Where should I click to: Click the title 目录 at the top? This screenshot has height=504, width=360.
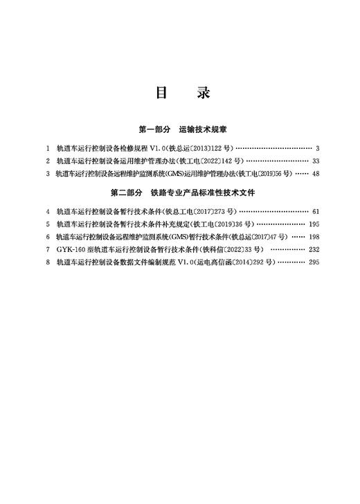[180, 93]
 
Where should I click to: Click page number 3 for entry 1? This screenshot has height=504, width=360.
[316, 148]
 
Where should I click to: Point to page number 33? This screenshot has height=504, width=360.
[315, 161]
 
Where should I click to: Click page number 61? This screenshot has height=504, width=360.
[315, 211]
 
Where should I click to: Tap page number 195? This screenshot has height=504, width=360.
[314, 224]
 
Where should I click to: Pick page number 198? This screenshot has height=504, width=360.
[314, 237]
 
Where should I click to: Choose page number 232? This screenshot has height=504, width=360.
[314, 249]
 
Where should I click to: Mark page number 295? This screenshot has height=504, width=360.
[314, 262]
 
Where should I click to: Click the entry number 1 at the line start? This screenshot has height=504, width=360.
[47, 148]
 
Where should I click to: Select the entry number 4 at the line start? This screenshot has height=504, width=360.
[47, 211]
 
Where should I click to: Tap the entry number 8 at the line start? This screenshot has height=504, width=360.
[47, 262]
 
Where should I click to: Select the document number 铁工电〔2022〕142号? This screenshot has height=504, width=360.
[208, 161]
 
